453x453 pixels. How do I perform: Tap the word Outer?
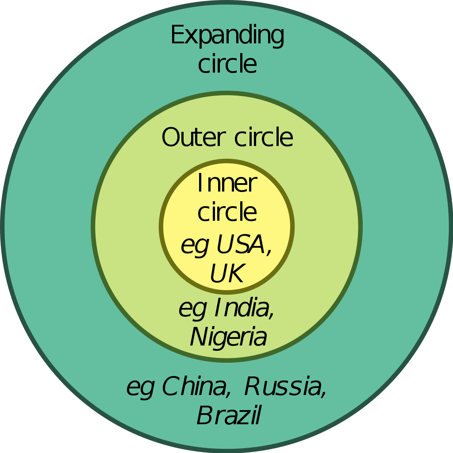194,138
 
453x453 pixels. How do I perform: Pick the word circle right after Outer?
264,138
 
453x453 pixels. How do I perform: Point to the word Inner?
227,183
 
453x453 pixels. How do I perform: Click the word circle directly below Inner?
227,212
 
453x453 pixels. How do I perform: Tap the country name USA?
242,244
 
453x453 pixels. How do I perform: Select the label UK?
226,274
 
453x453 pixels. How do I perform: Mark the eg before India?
192,309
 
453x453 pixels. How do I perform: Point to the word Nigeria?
228,338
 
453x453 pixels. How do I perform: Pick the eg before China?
140,388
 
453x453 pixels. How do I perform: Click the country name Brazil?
228,416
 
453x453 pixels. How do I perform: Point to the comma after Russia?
324,394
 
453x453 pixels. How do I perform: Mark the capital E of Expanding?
177,35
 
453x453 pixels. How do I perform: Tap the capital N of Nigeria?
199,337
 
